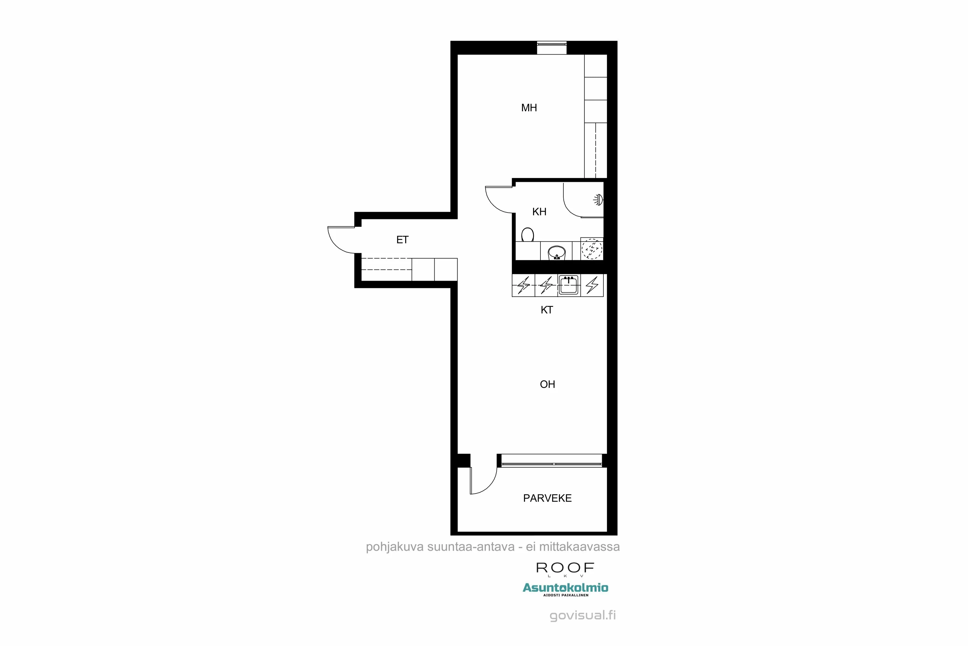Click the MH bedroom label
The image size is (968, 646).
pyautogui.click(x=529, y=108)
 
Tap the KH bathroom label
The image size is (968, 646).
pyautogui.click(x=539, y=212)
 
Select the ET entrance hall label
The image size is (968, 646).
pyautogui.click(x=402, y=240)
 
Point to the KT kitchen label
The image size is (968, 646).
pyautogui.click(x=547, y=310)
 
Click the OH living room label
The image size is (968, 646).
pyautogui.click(x=547, y=384)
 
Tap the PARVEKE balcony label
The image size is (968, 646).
pyautogui.click(x=547, y=498)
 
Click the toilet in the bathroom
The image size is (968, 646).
pyautogui.click(x=527, y=235)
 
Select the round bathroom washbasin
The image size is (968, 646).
pyautogui.click(x=556, y=252)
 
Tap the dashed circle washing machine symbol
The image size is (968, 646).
pyautogui.click(x=592, y=249)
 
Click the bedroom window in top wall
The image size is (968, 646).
pyautogui.click(x=551, y=48)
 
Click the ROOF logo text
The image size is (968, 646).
pyautogui.click(x=565, y=568)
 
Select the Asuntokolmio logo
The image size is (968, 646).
pyautogui.click(x=565, y=588)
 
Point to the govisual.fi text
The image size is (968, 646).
pyautogui.click(x=583, y=616)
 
